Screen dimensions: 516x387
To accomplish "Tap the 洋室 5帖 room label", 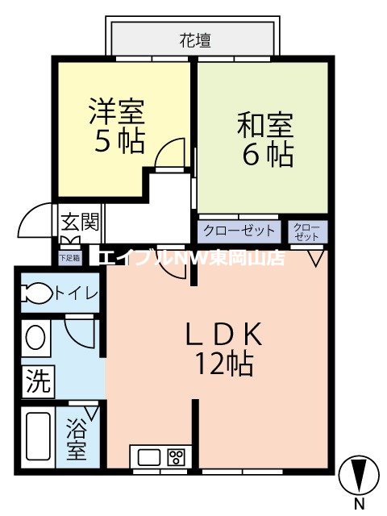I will point(117,125).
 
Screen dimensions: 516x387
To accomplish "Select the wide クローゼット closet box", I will point(238,231).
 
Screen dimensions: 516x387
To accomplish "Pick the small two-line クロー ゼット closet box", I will point(307,231).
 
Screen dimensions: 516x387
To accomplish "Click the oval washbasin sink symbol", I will point(35,337).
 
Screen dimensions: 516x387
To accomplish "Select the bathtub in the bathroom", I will point(38,438).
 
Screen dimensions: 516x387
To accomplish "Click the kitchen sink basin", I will point(150,457).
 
